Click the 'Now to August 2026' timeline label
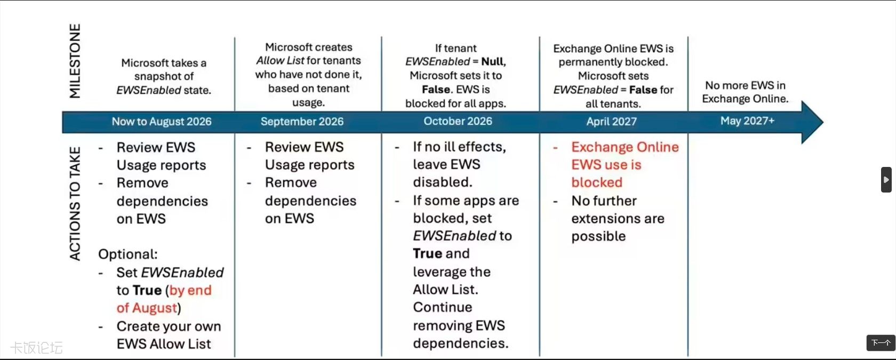pos(162,122)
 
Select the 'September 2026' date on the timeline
pos(302,122)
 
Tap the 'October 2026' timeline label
pos(458,121)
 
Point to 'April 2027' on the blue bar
pos(612,122)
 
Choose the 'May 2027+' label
pos(748,121)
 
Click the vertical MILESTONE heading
pos(75,61)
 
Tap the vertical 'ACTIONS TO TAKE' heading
pos(75,204)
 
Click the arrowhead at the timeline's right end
pos(812,122)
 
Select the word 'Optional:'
pos(128,254)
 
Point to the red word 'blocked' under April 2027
pos(597,182)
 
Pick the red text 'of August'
pos(147,308)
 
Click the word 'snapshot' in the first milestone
pos(164,76)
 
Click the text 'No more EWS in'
pos(745,85)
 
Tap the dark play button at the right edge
pos(886,180)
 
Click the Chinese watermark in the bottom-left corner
pos(37,348)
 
